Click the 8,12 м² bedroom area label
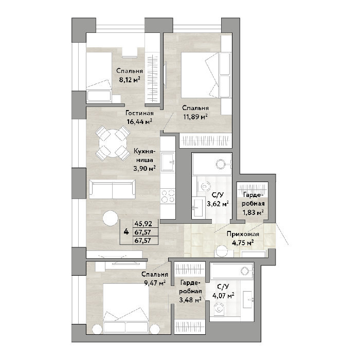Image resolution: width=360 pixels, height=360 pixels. pos(129,80)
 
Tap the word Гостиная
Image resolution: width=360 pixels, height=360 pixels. pos(139,113)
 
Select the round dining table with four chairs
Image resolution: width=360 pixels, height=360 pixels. pos(113,143)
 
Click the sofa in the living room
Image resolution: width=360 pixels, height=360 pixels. pos(112,189)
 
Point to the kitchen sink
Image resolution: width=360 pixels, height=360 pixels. pos(167,163)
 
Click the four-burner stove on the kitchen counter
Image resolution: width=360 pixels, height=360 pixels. pos(168,196)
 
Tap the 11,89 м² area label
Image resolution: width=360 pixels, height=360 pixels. pos(195,117)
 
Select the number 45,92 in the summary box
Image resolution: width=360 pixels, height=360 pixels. pos(143,223)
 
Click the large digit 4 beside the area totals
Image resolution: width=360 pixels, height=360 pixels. pos(126,231)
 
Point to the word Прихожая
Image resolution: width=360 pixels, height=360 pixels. pos(243,234)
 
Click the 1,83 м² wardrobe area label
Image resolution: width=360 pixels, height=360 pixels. pos(253,212)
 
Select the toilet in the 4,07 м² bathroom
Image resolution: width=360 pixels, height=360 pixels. pos(219,308)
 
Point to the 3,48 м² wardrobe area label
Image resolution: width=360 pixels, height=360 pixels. pos(190,300)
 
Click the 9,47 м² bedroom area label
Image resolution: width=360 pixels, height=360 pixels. pos(155,283)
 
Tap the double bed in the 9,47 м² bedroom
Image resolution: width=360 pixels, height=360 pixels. pos(126,309)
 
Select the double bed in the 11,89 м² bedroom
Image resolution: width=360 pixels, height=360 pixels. pos(206,75)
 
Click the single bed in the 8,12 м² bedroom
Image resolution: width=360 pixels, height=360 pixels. pos(99,77)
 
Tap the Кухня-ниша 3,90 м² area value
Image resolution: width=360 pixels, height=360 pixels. pos(145,169)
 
